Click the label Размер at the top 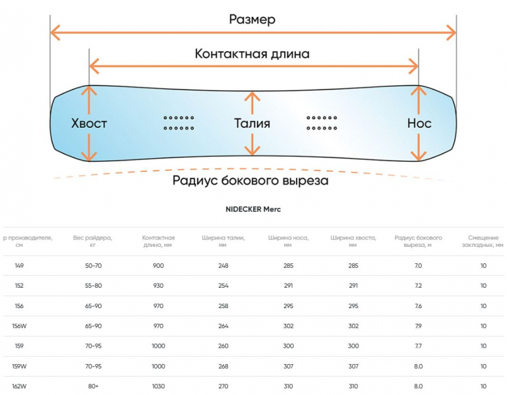[x=253, y=19]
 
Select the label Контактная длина [x=253, y=54]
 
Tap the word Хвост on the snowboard [x=89, y=123]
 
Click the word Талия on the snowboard [x=253, y=123]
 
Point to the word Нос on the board [x=419, y=123]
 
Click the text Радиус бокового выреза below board [x=251, y=180]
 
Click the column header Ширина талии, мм [x=224, y=241]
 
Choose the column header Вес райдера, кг [x=92, y=241]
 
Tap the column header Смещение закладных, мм [x=484, y=241]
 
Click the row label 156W [x=20, y=326]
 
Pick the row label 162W [x=20, y=386]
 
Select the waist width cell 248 [x=223, y=266]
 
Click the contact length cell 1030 [x=158, y=386]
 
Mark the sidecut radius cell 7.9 [x=418, y=326]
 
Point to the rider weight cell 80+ [x=92, y=386]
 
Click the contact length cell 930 [x=158, y=286]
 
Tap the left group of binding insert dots [x=178, y=122]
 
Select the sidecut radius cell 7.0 [x=418, y=266]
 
